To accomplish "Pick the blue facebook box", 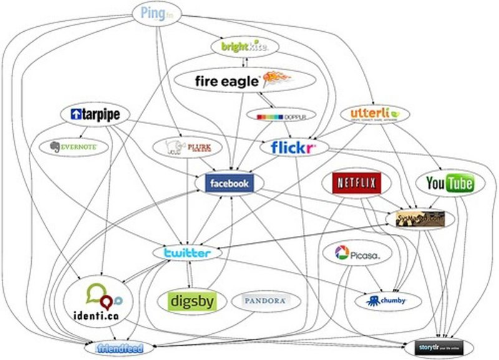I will coord(230,183).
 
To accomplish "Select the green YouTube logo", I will coord(449,183).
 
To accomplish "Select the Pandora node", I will coord(266,301).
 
